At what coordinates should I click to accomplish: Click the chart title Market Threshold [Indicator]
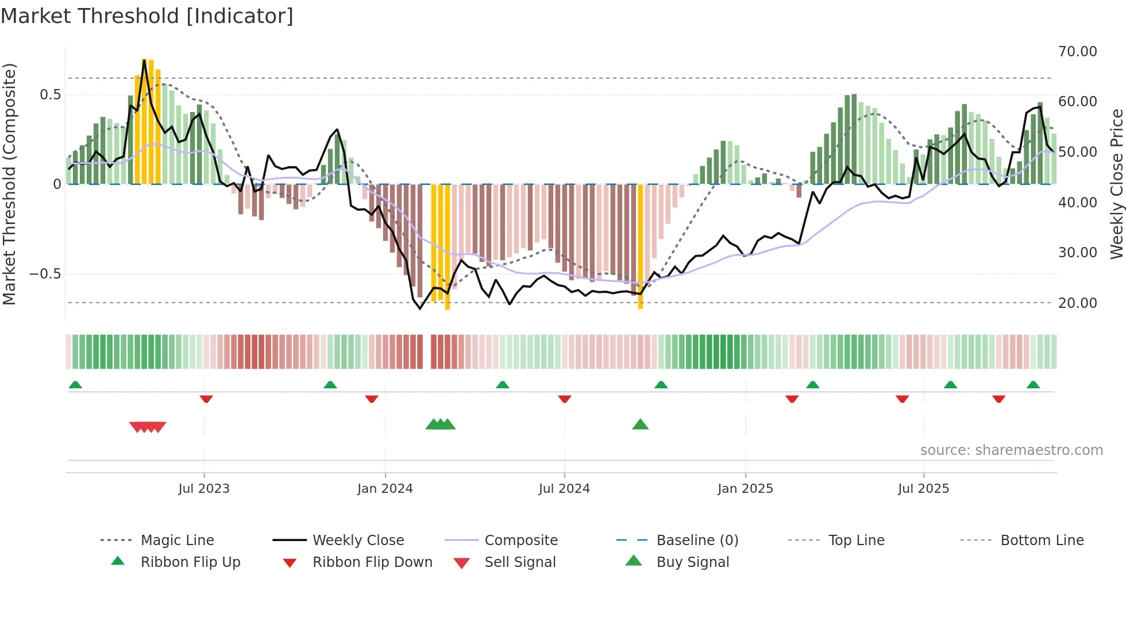[x=147, y=16]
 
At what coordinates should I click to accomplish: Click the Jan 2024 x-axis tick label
[x=385, y=489]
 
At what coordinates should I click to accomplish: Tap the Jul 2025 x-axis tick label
[x=923, y=489]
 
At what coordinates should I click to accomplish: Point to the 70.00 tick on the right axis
[x=1077, y=52]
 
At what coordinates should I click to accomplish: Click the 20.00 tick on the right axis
[x=1077, y=303]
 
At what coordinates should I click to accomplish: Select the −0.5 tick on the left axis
[x=45, y=274]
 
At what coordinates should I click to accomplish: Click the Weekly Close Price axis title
[x=1116, y=184]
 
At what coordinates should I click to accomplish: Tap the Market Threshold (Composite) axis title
[x=9, y=184]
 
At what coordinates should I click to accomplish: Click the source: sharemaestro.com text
[x=1011, y=450]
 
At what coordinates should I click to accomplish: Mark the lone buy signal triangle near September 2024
[x=640, y=425]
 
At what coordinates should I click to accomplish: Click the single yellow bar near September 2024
[x=640, y=247]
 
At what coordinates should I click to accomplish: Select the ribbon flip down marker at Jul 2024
[x=564, y=399]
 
